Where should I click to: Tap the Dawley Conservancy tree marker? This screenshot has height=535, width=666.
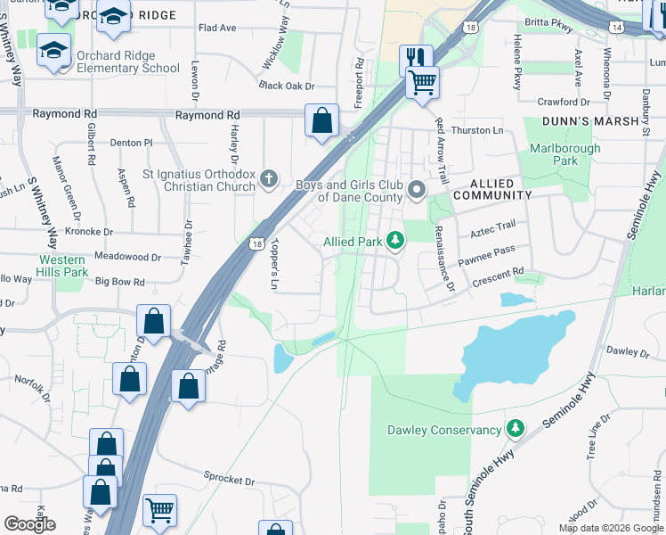(x=515, y=430)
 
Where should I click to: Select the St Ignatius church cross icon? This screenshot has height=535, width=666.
(x=268, y=180)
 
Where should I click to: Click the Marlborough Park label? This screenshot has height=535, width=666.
(x=565, y=154)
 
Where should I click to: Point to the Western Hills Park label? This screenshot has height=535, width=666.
(x=63, y=265)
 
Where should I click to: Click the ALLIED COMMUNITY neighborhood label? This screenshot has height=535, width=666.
(x=492, y=194)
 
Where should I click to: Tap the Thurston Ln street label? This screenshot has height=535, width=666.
(x=477, y=130)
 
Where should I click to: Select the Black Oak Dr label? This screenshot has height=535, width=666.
(x=287, y=86)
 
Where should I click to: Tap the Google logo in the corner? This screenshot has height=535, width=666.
(x=29, y=524)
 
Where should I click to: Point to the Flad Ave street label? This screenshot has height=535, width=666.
(x=217, y=28)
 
